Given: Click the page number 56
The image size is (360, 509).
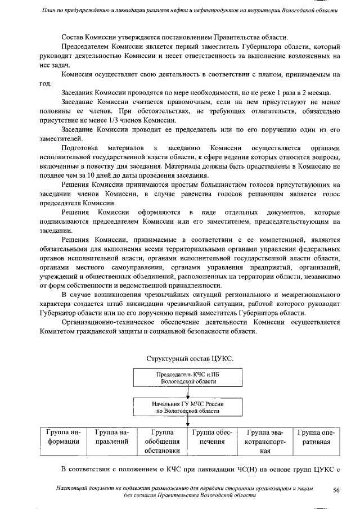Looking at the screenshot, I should (x=336, y=490).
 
